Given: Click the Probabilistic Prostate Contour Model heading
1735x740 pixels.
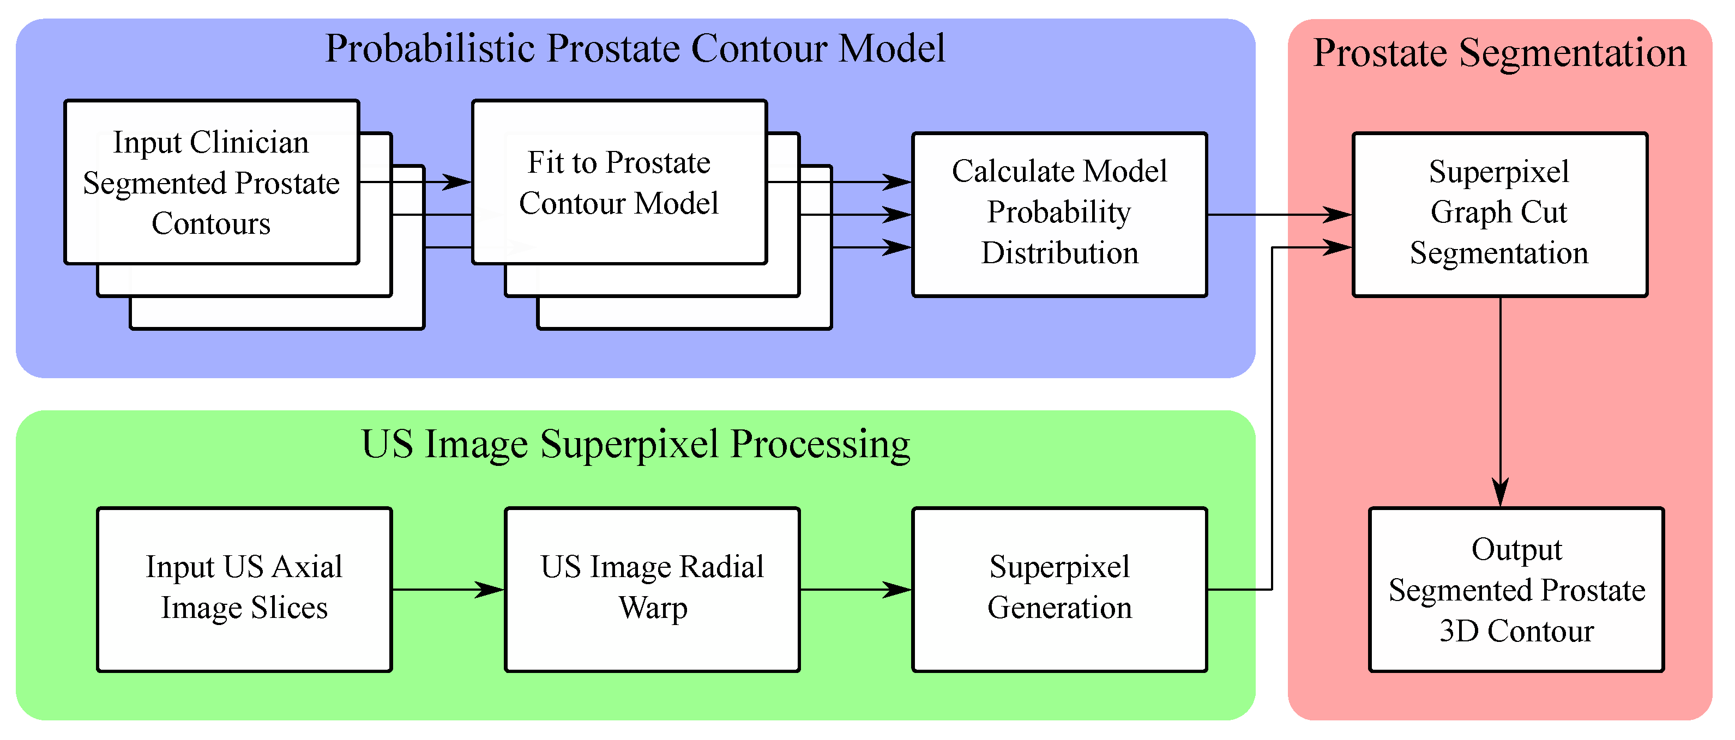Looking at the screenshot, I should [x=635, y=48].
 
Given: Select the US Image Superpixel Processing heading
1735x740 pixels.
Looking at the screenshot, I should [x=635, y=445].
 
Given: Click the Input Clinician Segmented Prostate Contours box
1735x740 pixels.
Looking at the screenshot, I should [x=212, y=182].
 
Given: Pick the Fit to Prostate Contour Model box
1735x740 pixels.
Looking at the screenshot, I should [x=618, y=182].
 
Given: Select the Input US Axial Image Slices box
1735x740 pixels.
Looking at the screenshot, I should [x=244, y=589].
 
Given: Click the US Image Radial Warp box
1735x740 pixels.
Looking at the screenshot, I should [x=652, y=589].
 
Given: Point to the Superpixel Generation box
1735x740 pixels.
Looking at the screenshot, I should [x=1059, y=589].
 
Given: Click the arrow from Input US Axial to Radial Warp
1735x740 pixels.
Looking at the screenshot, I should [x=448, y=590].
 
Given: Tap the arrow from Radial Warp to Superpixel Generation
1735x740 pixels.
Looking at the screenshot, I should [x=856, y=590].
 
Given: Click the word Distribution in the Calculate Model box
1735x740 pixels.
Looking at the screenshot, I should [x=1059, y=254].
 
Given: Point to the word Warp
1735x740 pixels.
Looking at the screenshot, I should [x=653, y=608].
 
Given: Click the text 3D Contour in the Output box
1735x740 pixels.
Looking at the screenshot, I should [x=1516, y=632].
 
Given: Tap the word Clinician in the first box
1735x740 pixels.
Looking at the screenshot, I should [x=249, y=143].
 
